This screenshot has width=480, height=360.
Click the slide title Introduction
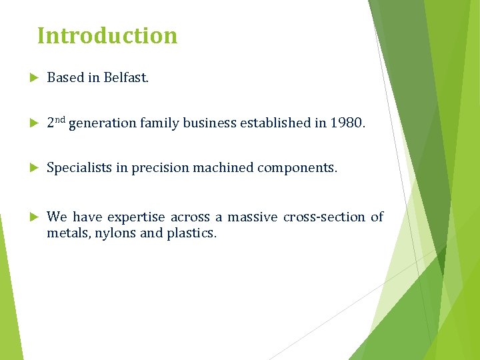click(107, 35)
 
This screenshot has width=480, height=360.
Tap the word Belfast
click(126, 78)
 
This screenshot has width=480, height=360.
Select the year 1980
click(347, 123)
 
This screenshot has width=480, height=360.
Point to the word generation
click(102, 123)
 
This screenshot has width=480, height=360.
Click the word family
click(159, 123)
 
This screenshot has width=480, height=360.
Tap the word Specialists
click(79, 168)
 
